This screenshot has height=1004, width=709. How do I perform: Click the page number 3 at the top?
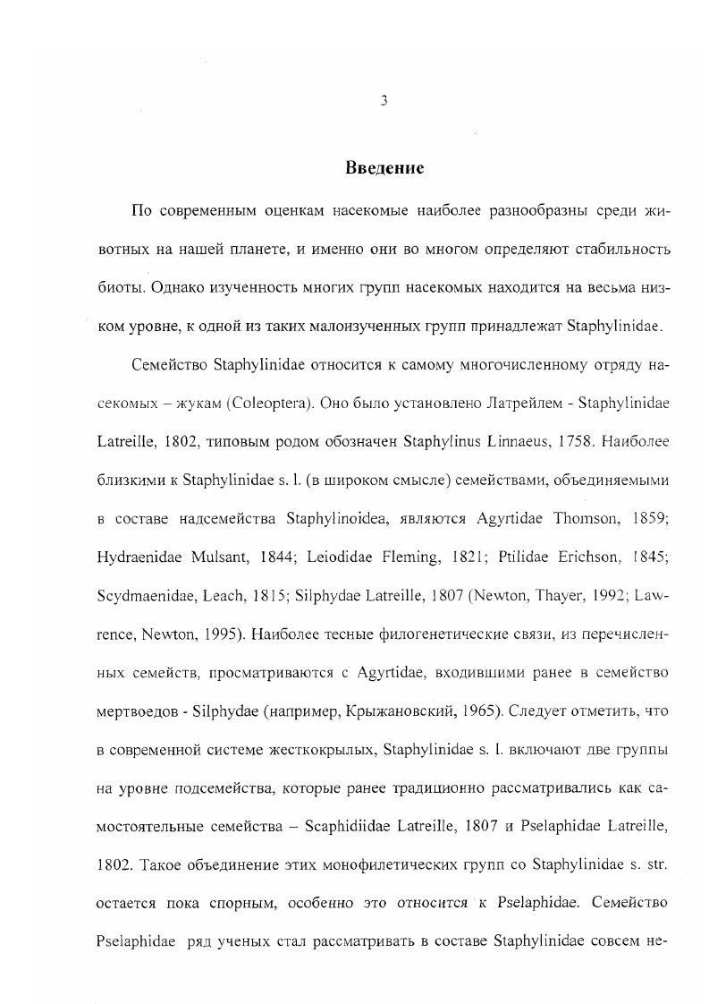pos(383,101)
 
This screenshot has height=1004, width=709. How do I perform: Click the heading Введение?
pos(384,168)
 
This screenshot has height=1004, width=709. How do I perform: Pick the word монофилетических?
pos(400,864)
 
